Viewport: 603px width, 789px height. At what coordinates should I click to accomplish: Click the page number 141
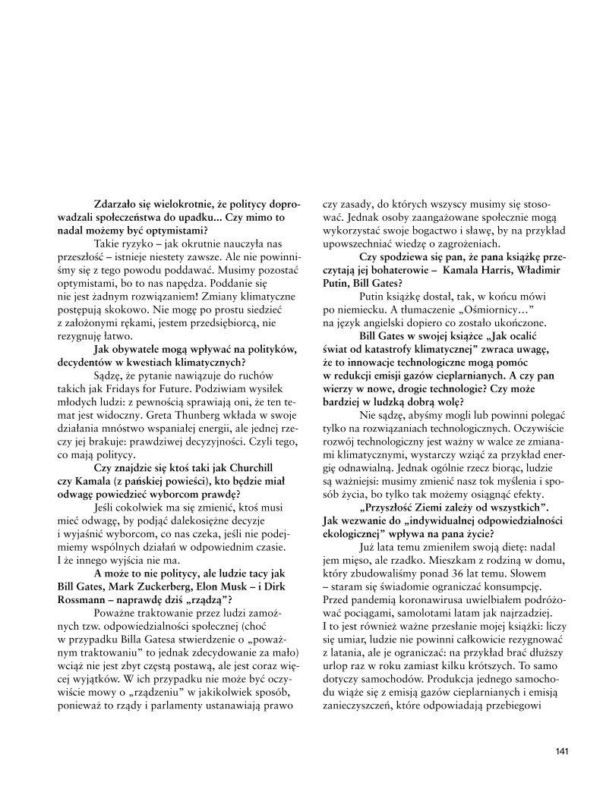coord(562,751)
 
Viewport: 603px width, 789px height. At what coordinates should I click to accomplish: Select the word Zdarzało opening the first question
coord(117,205)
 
